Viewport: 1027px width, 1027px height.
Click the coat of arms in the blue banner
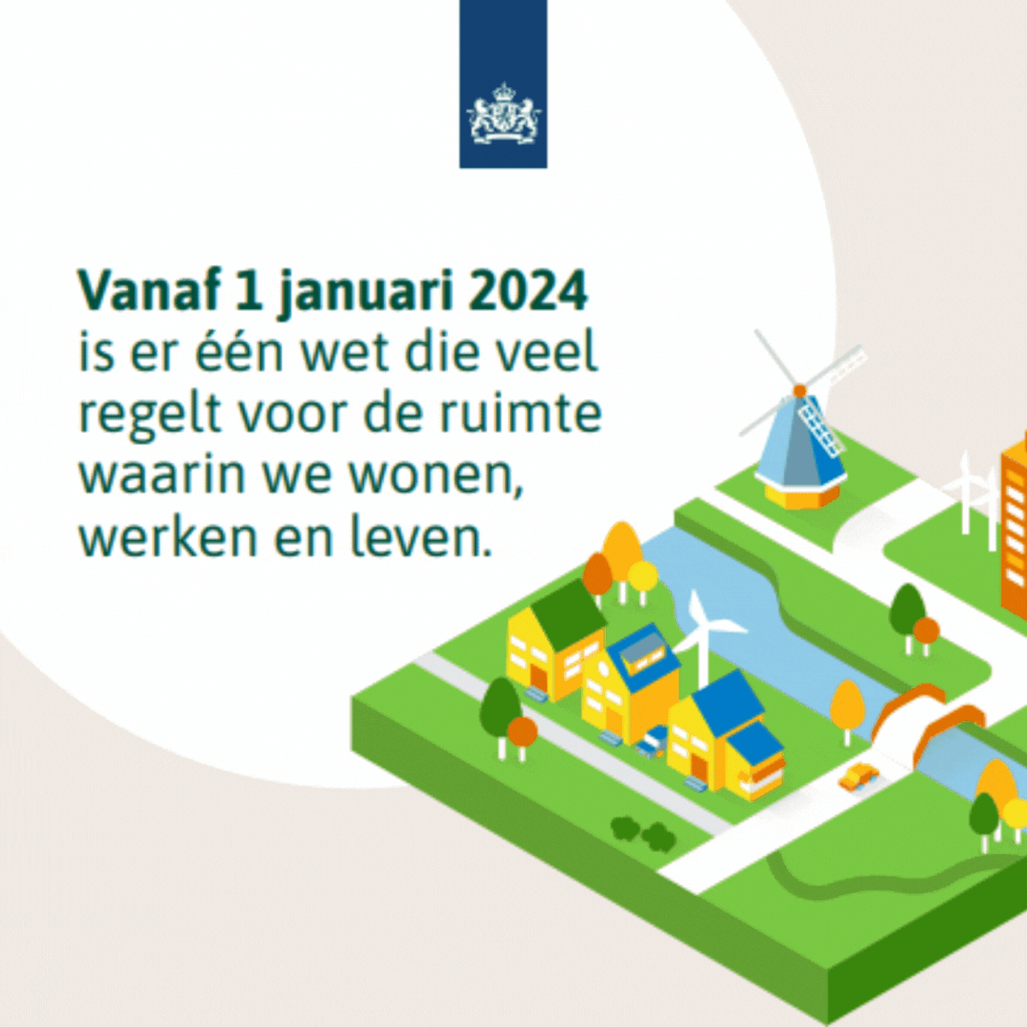coord(503,113)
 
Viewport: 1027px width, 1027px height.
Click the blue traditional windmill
coord(800,426)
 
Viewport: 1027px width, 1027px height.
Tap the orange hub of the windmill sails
coord(799,390)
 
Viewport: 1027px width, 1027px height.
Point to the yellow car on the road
coord(857,777)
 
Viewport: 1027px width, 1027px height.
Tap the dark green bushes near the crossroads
coord(642,831)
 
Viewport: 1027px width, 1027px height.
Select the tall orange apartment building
coord(1013,533)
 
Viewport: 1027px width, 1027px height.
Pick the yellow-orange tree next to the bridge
coord(846,704)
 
